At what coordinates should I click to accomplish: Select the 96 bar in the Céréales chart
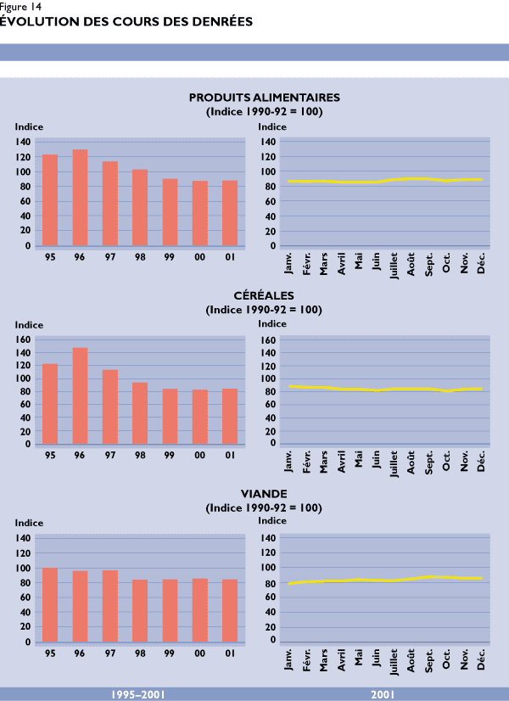[x=80, y=395]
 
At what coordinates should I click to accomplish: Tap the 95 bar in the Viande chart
[x=50, y=605]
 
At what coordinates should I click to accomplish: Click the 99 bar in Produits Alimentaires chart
[x=170, y=213]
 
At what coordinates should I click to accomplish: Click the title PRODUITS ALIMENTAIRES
[x=264, y=98]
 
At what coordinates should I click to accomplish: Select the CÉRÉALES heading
[x=264, y=295]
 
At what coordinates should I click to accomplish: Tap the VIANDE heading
[x=264, y=493]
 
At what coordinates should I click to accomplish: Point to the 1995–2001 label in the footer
[x=138, y=695]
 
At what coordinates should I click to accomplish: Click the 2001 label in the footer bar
[x=383, y=695]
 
